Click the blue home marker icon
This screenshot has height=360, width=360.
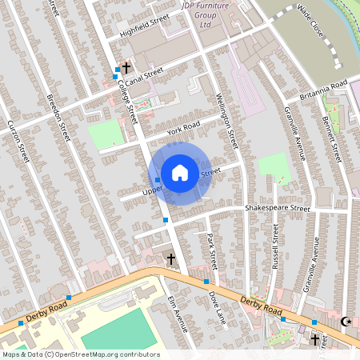(x=180, y=171)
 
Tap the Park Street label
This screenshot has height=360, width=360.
(x=212, y=251)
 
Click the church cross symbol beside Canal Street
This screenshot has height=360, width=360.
(x=126, y=69)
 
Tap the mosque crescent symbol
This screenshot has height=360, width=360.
(x=346, y=322)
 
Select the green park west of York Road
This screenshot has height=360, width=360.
(x=103, y=134)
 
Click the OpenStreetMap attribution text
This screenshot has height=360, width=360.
(x=80, y=354)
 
